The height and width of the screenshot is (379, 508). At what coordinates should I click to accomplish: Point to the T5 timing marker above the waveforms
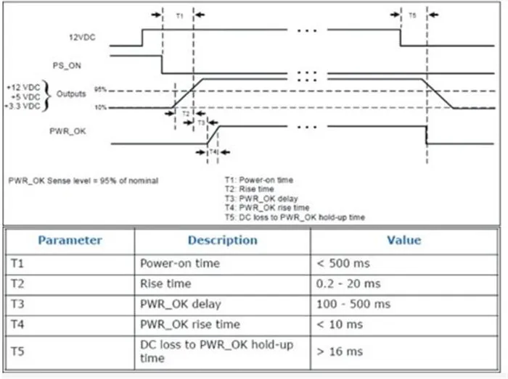pyautogui.click(x=414, y=14)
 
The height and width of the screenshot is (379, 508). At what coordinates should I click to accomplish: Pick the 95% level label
pyautogui.click(x=100, y=90)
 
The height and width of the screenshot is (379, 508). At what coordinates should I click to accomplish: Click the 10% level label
pyautogui.click(x=100, y=107)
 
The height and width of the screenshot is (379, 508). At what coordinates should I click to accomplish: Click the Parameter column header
pyautogui.click(x=70, y=241)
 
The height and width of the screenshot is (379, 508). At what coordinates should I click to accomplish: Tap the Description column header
pyautogui.click(x=223, y=241)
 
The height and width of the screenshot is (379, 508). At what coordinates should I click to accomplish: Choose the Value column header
pyautogui.click(x=403, y=241)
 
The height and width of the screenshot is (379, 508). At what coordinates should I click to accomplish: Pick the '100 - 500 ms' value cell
pyautogui.click(x=353, y=304)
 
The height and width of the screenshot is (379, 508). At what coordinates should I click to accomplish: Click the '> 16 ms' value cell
pyautogui.click(x=340, y=351)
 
